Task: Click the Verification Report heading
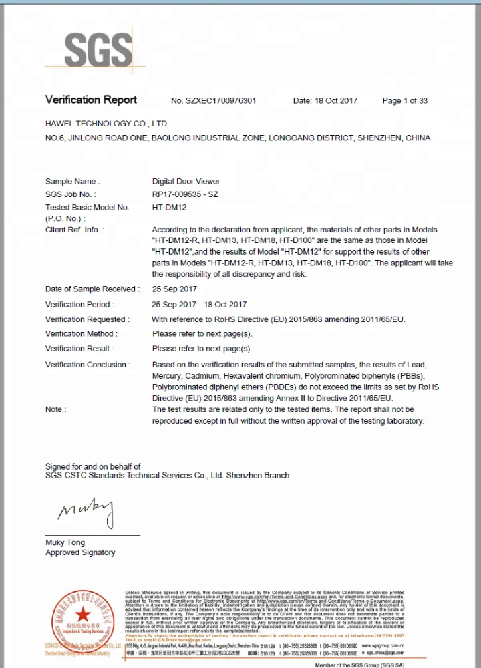tap(91, 100)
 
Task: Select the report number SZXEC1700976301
tap(213, 101)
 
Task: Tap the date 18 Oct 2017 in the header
tap(325, 101)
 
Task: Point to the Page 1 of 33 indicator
tap(405, 101)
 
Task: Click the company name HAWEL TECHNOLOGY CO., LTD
tap(106, 124)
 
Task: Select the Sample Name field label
tap(72, 181)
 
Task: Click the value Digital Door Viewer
tap(186, 181)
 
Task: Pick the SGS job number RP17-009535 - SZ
tap(185, 194)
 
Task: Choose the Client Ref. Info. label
tap(75, 230)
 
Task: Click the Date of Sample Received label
tap(92, 289)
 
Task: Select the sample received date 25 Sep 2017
tap(174, 289)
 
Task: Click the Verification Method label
tap(81, 334)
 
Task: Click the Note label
tap(54, 409)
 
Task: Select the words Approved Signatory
tap(80, 552)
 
